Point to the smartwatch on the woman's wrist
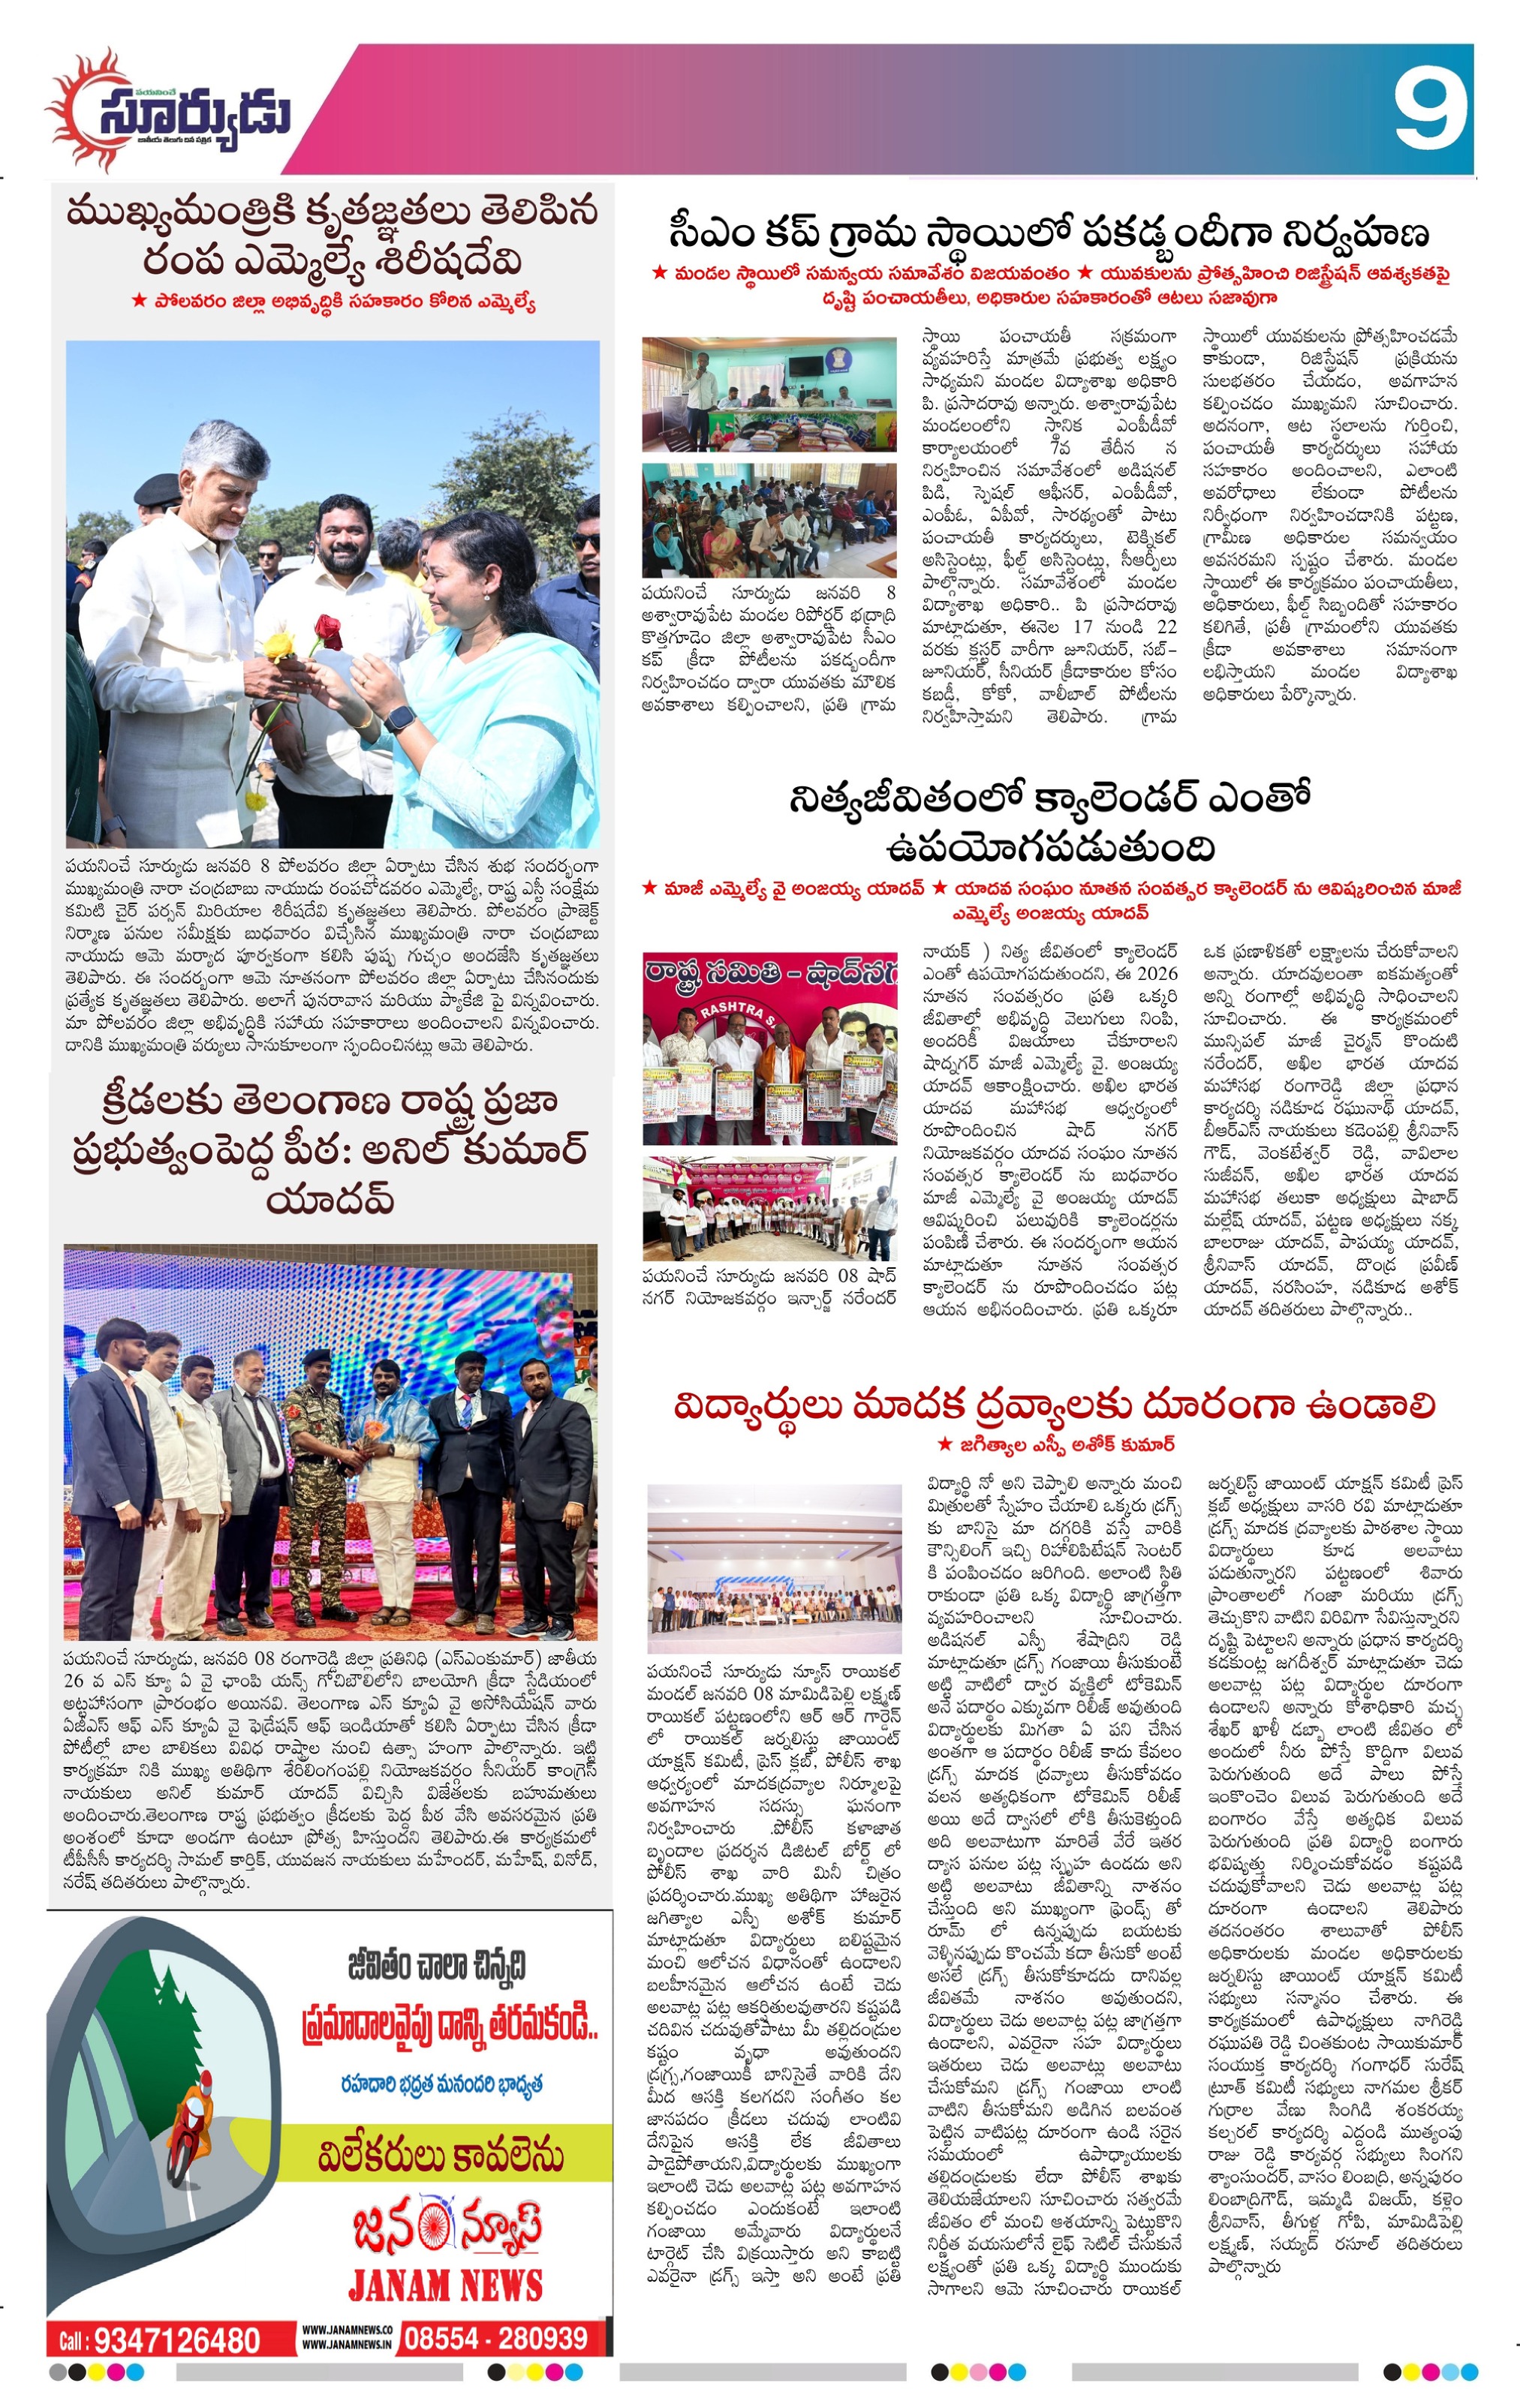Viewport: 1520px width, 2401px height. [x=400, y=718]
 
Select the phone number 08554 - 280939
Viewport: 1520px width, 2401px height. [x=497, y=2338]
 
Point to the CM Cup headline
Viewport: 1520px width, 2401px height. [x=1049, y=233]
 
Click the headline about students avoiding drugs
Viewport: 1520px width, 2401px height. [x=1053, y=1408]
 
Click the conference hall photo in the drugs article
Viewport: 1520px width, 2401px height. [x=773, y=1567]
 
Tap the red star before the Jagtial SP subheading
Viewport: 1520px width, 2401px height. [x=944, y=1444]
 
